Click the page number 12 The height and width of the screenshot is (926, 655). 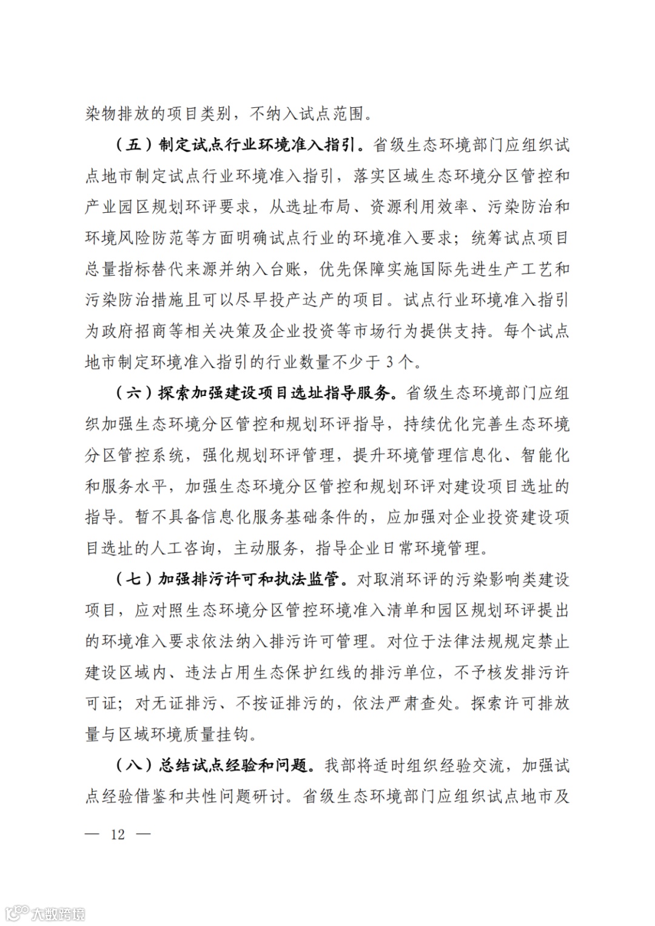118,834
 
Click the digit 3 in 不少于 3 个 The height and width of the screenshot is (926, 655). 391,363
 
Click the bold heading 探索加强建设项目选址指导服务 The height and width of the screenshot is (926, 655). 274,393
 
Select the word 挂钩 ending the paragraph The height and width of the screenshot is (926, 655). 233,734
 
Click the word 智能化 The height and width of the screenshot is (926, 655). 545,455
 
